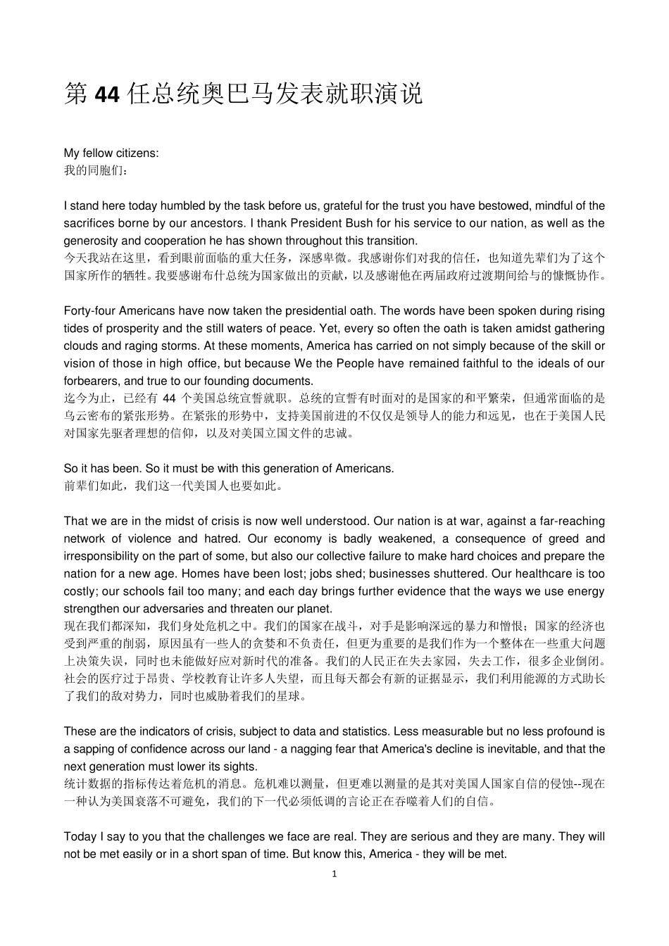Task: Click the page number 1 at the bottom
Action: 334,874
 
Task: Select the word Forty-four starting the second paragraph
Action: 89,310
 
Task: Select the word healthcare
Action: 543,574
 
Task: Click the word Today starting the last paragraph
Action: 80,836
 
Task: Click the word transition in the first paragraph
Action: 392,241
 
